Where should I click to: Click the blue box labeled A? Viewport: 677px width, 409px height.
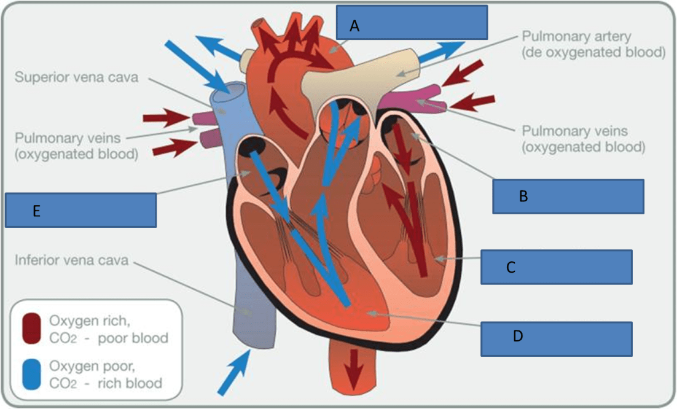click(412, 23)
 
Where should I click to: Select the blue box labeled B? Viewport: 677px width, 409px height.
click(568, 196)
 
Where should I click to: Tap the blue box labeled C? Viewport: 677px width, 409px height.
click(556, 267)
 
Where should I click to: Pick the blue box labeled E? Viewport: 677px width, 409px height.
click(80, 210)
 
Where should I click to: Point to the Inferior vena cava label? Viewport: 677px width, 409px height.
click(71, 260)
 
